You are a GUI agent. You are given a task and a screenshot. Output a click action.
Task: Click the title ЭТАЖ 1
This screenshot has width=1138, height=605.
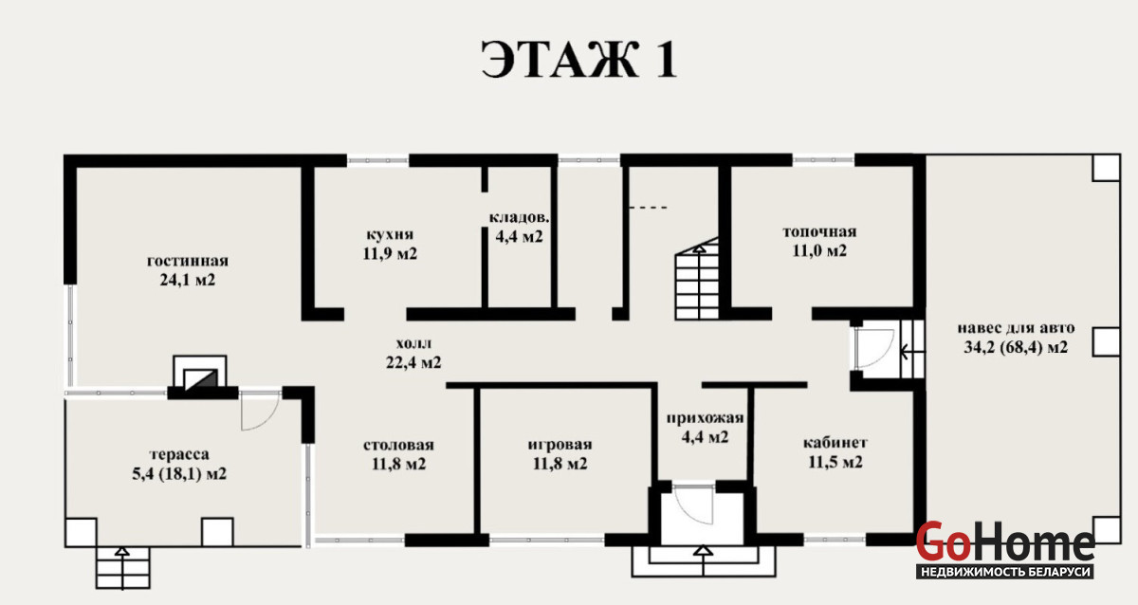(578, 60)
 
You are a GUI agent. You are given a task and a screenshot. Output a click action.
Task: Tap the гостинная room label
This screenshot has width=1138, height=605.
(188, 271)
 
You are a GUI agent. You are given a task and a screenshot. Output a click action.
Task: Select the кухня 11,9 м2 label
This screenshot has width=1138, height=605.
(390, 245)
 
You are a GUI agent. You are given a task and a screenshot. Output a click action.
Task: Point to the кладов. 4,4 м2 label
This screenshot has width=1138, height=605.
(519, 227)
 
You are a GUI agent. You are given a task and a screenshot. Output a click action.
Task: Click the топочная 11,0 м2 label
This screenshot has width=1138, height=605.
(819, 241)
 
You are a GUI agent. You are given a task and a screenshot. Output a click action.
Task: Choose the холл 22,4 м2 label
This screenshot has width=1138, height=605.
(413, 353)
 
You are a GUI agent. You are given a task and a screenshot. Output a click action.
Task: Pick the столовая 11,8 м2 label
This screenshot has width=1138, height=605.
(399, 454)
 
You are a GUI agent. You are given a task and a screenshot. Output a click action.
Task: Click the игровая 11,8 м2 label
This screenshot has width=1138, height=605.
(560, 454)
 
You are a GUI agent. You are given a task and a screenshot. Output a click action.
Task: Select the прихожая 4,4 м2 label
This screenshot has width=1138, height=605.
(705, 428)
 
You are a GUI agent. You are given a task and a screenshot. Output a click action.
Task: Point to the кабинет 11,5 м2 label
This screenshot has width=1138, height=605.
(835, 452)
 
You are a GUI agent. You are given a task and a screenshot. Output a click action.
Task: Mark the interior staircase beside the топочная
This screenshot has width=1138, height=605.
(697, 279)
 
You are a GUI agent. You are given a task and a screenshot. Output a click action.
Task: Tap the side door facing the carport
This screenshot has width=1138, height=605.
(873, 348)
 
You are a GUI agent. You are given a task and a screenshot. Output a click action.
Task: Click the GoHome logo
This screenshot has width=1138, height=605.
(1005, 550)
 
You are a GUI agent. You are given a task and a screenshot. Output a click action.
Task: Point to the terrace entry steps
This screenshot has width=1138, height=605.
(123, 567)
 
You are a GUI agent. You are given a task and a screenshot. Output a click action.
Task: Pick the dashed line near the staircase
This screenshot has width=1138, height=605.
(648, 208)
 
